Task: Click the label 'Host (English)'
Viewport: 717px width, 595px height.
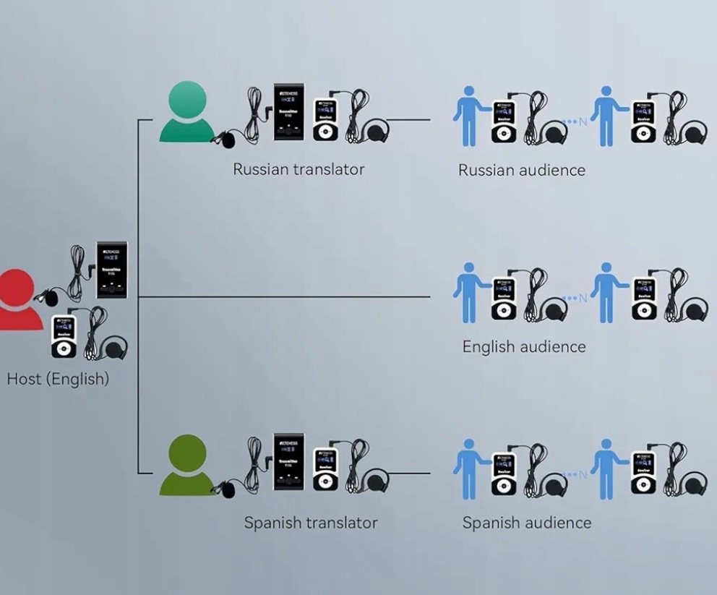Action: pyautogui.click(x=58, y=379)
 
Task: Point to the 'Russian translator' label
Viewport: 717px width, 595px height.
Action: pyautogui.click(x=299, y=169)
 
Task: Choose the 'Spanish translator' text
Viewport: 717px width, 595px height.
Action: pyautogui.click(x=310, y=522)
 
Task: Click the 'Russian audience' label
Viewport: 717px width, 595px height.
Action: pyautogui.click(x=521, y=171)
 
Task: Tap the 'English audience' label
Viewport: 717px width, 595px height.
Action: pyautogui.click(x=524, y=346)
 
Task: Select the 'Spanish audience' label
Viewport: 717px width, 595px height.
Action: pyautogui.click(x=526, y=523)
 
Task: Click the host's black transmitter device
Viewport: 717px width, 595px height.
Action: pyautogui.click(x=112, y=270)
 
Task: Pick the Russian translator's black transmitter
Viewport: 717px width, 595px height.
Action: pyautogui.click(x=288, y=112)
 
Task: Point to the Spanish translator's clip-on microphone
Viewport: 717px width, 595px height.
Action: pyautogui.click(x=228, y=489)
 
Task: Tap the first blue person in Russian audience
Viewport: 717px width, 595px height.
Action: pyautogui.click(x=469, y=116)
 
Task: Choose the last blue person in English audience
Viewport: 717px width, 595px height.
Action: pyautogui.click(x=606, y=291)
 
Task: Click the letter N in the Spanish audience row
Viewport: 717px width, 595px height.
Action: pyautogui.click(x=583, y=474)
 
